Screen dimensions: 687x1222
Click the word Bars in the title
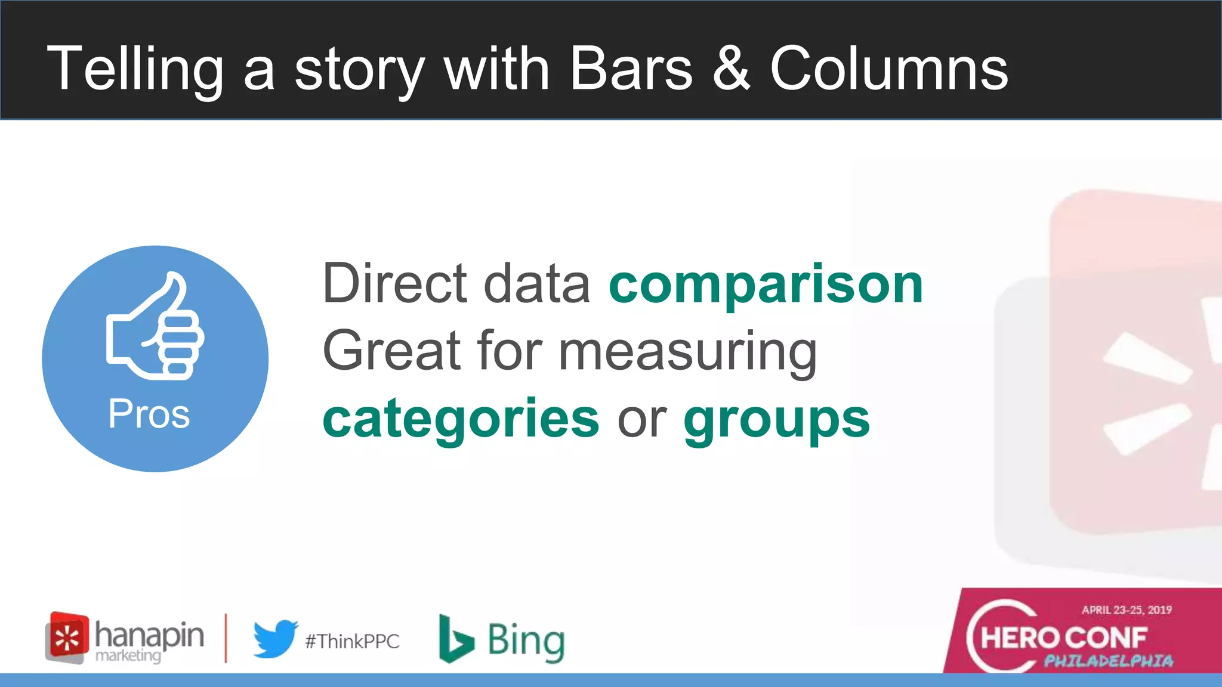point(631,69)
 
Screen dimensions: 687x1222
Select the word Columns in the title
point(888,69)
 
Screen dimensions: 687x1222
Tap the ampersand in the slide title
point(731,69)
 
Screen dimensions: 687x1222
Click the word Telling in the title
point(135,70)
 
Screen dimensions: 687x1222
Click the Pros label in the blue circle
point(149,414)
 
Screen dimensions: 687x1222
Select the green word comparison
point(766,285)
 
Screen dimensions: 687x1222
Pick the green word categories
point(461,419)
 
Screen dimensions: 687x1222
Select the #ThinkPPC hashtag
point(352,642)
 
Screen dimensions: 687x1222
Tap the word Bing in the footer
point(526,641)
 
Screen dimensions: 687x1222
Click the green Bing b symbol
point(455,639)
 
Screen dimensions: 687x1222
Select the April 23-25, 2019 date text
point(1127,609)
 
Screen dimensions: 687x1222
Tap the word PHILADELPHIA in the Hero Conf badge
point(1109,661)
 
